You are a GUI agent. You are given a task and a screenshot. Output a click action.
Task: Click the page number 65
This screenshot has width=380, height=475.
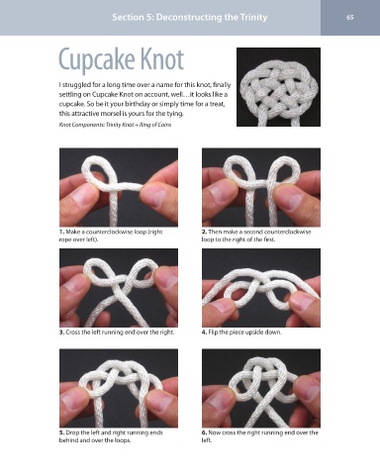[350, 17]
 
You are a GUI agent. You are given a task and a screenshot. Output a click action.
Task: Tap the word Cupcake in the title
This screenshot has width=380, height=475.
[97, 59]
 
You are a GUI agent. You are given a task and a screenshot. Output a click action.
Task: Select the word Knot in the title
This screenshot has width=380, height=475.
[161, 58]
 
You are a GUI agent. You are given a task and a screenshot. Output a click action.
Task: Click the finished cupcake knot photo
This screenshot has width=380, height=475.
[278, 87]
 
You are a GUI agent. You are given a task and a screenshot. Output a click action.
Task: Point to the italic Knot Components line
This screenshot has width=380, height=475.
[115, 125]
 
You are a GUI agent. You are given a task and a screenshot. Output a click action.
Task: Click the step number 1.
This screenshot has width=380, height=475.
[61, 232]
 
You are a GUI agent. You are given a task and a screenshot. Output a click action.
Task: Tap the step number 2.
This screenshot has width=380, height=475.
[204, 232]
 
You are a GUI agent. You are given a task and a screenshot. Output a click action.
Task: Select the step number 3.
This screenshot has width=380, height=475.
[61, 332]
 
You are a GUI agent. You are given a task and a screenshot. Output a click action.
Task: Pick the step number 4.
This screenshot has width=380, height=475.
[204, 332]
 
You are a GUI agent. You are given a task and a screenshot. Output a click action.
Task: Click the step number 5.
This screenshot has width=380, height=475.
[61, 432]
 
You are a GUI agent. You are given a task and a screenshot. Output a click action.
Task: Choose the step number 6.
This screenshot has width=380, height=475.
[204, 432]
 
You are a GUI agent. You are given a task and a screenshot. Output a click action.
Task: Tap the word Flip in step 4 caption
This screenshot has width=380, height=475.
[213, 332]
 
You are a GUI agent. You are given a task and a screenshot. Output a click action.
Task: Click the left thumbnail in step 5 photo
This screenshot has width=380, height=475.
[74, 401]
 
